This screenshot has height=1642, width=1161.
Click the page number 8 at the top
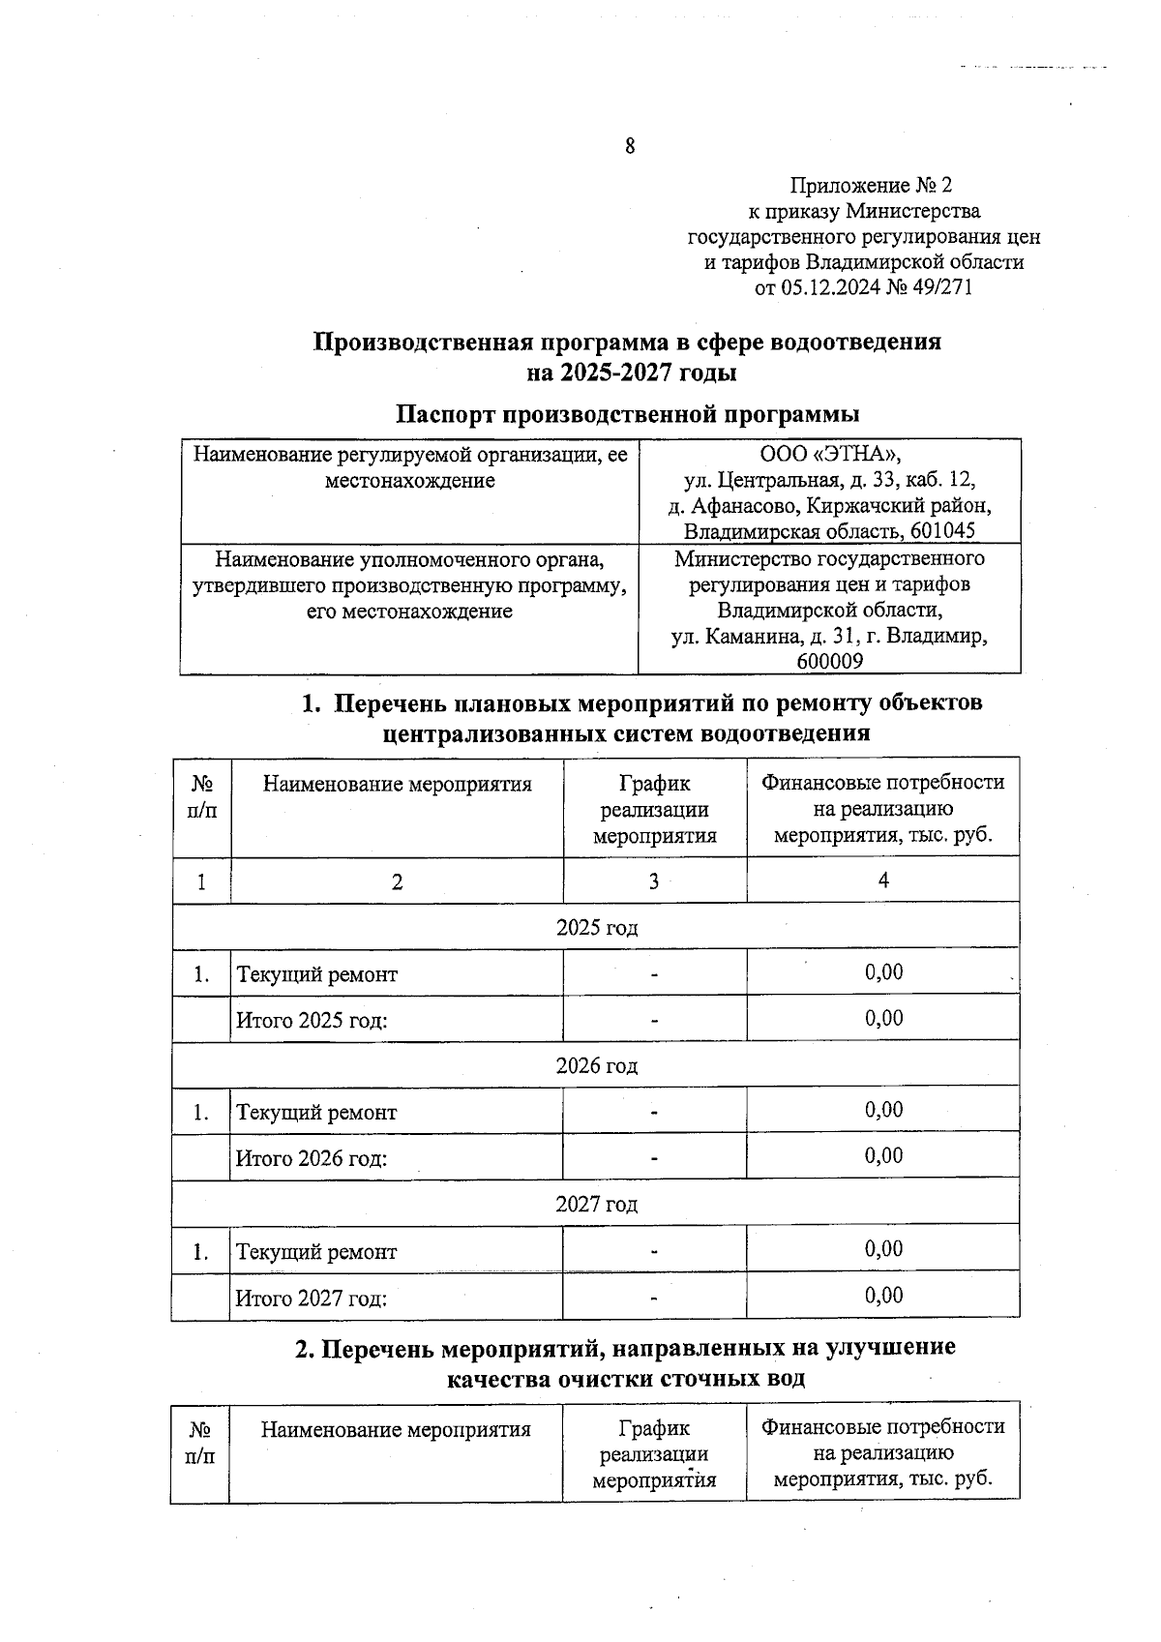[x=630, y=147]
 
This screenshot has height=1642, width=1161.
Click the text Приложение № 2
[x=871, y=185]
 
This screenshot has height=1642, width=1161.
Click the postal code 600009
[x=829, y=661]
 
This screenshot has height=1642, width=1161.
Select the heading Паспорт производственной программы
[x=628, y=414]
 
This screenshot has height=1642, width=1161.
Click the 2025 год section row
[x=596, y=927]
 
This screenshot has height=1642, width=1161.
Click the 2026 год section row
[x=596, y=1065]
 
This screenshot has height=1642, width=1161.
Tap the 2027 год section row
[x=596, y=1204]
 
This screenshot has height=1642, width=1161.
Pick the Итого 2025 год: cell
[x=312, y=1020]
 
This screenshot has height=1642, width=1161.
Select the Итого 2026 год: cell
[x=312, y=1158]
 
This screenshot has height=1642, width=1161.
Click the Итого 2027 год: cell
[x=312, y=1298]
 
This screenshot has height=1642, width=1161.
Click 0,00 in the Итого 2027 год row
[x=883, y=1296]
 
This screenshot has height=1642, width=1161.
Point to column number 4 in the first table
[x=882, y=879]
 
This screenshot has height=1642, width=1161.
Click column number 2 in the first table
[x=397, y=881]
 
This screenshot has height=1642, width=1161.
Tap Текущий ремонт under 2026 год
[x=316, y=1112]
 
